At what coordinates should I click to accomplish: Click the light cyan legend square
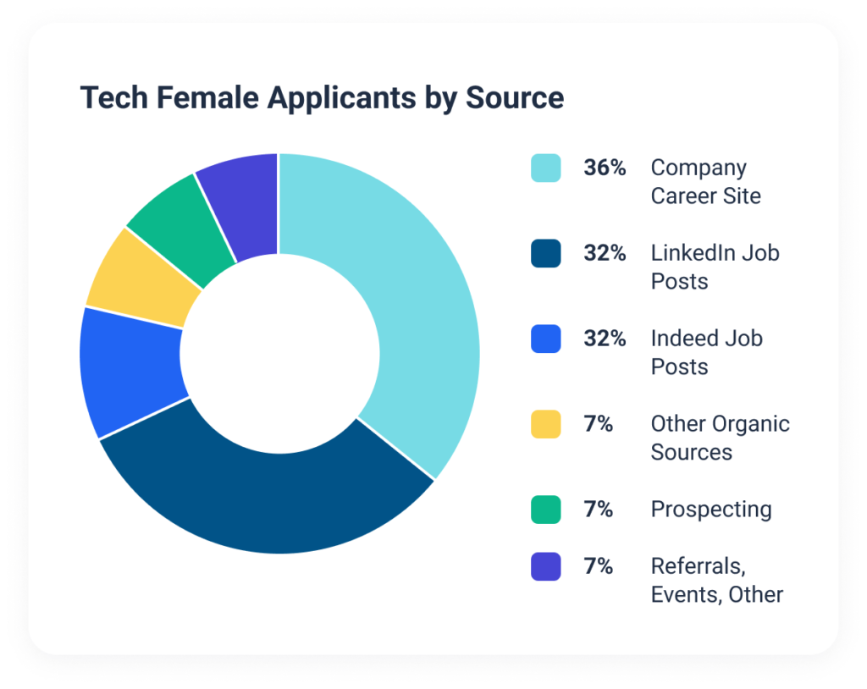click(x=545, y=168)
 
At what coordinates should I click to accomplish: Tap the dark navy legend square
click(x=545, y=253)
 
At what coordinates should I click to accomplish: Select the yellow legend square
click(x=545, y=423)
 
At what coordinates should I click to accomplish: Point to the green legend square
click(x=545, y=509)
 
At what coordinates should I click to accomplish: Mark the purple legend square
click(x=545, y=566)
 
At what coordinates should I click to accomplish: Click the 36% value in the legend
click(x=605, y=168)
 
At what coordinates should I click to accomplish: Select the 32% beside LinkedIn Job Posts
click(x=605, y=253)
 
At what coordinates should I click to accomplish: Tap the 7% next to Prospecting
click(x=599, y=509)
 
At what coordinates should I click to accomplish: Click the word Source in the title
click(x=515, y=98)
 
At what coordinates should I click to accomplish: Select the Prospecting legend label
click(x=711, y=510)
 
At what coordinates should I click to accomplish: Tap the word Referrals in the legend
click(x=697, y=566)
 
